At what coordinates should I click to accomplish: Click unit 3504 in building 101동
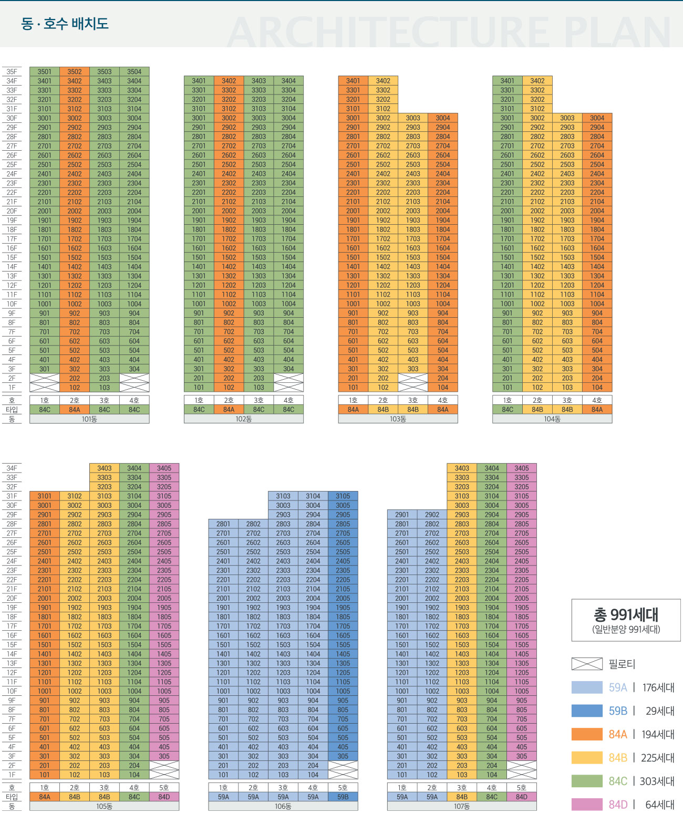coord(134,71)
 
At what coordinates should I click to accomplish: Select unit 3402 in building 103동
coord(383,81)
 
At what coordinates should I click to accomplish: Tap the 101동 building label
coord(89,419)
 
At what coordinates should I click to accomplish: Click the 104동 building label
coord(552,419)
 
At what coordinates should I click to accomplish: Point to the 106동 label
coord(283,806)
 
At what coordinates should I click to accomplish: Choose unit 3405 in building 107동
coord(522,468)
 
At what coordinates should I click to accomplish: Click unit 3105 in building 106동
coord(343,496)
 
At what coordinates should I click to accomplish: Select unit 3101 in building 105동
coord(45,496)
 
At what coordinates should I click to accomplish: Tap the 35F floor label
coord(12,71)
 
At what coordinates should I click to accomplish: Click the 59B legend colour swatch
coord(586,711)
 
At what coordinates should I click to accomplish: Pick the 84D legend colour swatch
coord(586,804)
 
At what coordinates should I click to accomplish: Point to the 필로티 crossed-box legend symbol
coord(586,664)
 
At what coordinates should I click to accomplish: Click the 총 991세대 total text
coord(626,614)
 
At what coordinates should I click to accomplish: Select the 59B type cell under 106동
coord(343,797)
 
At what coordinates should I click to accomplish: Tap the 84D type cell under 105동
coord(164,797)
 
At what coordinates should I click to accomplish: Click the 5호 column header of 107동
coord(522,787)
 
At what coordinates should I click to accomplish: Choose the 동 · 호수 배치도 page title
coord(65,24)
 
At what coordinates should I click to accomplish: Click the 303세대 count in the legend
coord(657,781)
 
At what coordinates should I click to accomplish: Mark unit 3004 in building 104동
coord(597,118)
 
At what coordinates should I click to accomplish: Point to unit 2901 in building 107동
coord(402,515)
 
